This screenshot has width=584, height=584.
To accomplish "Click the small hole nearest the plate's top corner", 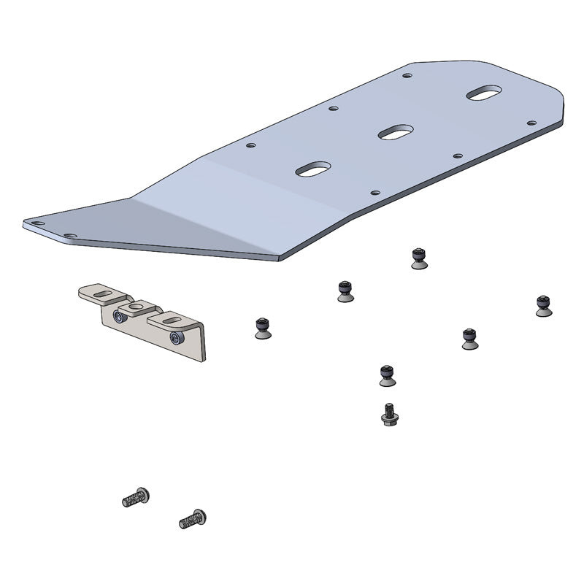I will (x=407, y=74).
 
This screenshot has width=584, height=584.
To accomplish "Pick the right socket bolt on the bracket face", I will (x=175, y=337).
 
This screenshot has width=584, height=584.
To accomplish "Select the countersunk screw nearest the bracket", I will (x=262, y=328).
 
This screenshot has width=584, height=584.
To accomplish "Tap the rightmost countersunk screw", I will (x=542, y=306).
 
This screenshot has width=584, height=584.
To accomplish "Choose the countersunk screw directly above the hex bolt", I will (x=387, y=375).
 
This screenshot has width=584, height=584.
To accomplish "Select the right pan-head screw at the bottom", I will (x=193, y=518).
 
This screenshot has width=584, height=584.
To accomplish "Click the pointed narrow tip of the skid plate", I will (x=33, y=223).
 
